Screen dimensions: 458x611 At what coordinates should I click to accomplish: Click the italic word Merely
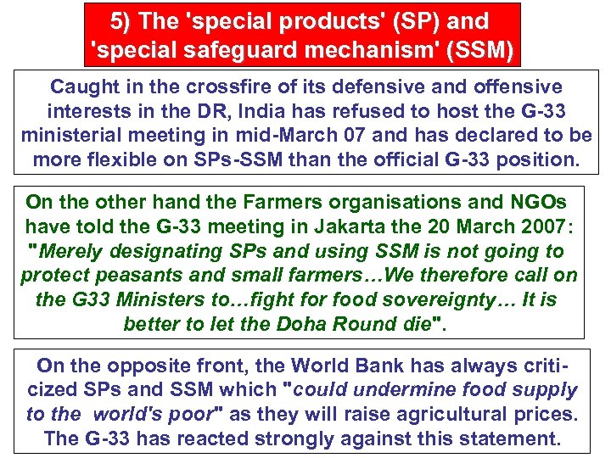click(x=76, y=251)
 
